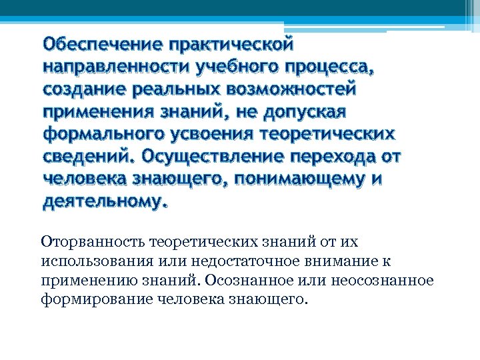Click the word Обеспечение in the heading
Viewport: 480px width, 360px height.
point(102,45)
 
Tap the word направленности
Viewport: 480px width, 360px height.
point(116,67)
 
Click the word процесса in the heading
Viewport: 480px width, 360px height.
point(326,67)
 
